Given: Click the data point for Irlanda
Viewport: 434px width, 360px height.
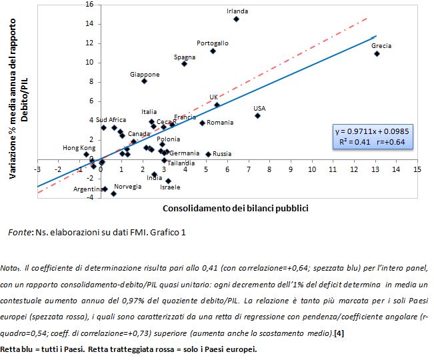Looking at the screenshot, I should coord(236,19).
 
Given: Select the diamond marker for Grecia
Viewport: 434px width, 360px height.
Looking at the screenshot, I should coord(377,53).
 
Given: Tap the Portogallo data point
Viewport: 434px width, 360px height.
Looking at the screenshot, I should coord(213,51).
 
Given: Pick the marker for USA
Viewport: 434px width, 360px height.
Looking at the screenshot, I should coord(257,115).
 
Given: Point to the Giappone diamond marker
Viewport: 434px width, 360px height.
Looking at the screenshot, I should coord(144,81).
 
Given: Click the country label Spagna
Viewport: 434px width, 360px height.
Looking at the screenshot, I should coord(184,57).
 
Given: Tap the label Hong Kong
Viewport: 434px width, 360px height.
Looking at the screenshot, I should coord(79,147).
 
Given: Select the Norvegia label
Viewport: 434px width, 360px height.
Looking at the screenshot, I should coord(127,187).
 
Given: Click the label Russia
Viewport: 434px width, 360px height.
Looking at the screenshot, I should coord(222,153).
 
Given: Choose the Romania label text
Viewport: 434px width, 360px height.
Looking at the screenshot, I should coord(220,123).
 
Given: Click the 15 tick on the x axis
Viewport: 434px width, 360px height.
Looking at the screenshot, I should coord(417,169).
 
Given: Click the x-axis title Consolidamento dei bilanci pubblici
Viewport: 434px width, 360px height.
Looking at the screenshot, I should coord(235,208).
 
